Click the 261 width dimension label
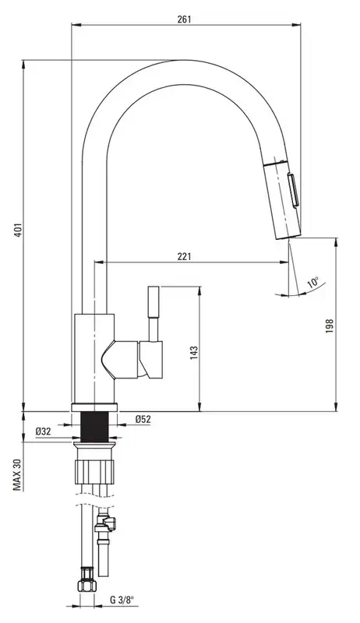184,19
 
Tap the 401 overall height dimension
17,231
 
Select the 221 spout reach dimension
184,256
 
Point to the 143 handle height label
194,353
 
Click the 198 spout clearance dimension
330,326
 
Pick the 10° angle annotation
312,283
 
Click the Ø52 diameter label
143,419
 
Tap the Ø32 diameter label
43,431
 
